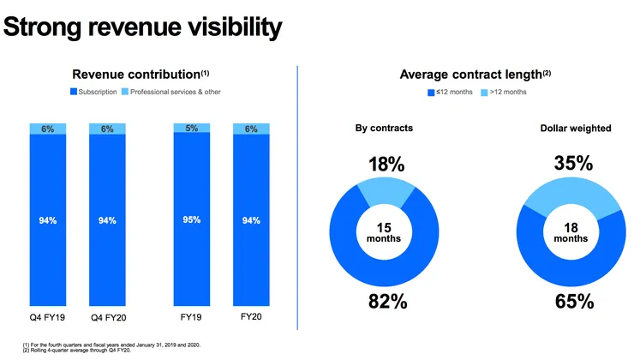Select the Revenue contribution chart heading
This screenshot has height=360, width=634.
coord(141,75)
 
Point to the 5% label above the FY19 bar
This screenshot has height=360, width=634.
coord(191,129)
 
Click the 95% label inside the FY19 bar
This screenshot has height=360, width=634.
coord(191,220)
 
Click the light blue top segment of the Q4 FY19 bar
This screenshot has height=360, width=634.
coord(47,129)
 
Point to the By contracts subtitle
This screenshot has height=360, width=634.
coord(385,129)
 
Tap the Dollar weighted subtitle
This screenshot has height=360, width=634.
coord(575,129)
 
